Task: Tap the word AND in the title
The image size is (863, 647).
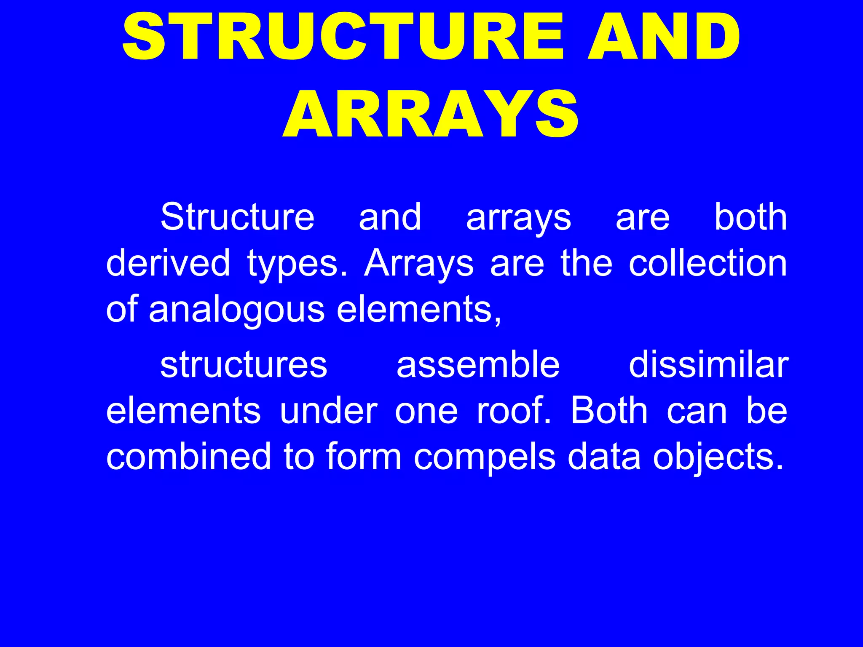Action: coord(663,37)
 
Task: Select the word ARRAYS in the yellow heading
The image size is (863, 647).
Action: coord(431,115)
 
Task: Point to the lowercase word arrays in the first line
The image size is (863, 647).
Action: coord(518,218)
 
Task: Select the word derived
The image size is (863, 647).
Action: coord(168,263)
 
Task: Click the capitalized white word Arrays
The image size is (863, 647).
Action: coord(419,264)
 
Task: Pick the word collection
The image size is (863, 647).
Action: coord(708,263)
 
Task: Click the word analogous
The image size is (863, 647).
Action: coord(236,310)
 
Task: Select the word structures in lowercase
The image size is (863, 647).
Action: coord(244,365)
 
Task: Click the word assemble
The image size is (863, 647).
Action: coord(478,365)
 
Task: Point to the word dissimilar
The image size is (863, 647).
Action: coord(708,365)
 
